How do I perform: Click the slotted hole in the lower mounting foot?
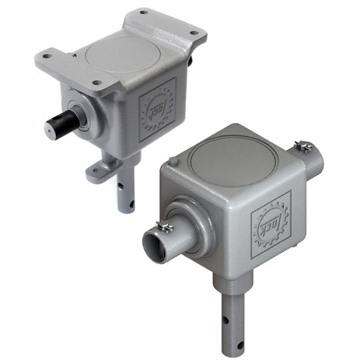click(99, 171)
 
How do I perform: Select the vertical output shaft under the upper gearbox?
click(125, 190)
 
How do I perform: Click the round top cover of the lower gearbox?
click(229, 155)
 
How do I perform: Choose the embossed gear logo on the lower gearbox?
click(270, 222)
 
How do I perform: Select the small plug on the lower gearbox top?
click(173, 160)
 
